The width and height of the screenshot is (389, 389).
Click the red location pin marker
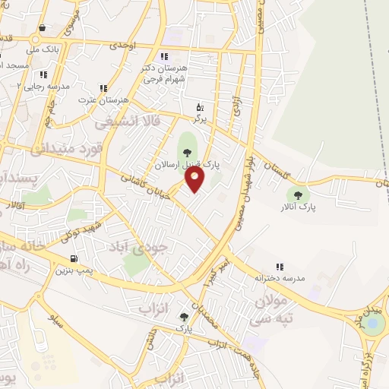tap(195, 179)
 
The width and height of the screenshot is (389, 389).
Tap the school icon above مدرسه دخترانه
tap(280, 267)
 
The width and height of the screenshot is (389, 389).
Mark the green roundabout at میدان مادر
tap(373, 325)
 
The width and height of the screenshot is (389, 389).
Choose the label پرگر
tap(200, 119)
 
